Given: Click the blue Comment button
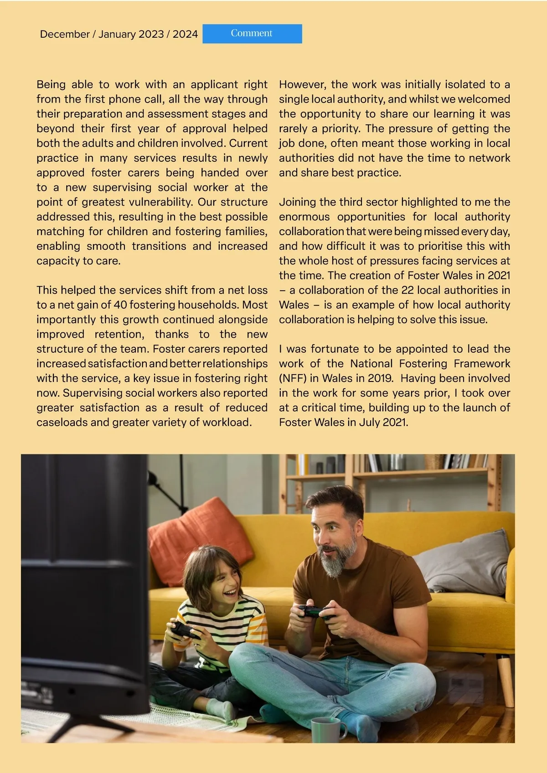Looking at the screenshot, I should [x=252, y=34].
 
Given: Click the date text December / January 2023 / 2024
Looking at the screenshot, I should [x=119, y=34].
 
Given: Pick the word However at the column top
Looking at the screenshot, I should [x=302, y=84].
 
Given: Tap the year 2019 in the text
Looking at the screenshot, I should [x=380, y=378].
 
